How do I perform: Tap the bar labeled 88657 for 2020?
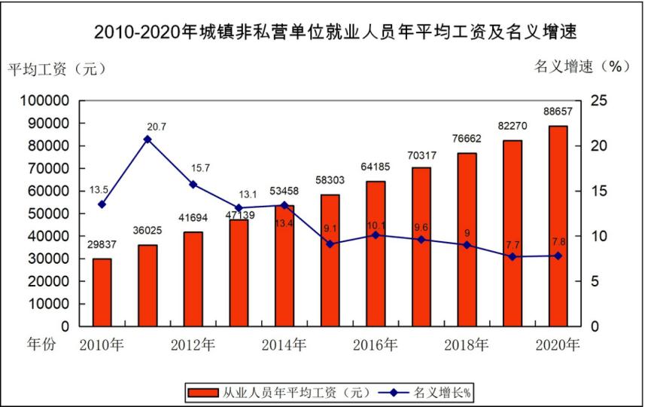click(x=558, y=226)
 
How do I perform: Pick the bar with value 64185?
click(x=376, y=254)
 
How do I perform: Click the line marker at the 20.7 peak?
click(x=148, y=139)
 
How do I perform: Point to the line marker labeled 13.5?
click(x=102, y=204)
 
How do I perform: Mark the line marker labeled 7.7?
click(x=513, y=257)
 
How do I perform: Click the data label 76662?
click(x=467, y=140)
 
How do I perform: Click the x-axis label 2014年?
click(x=284, y=346)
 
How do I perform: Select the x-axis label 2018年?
click(x=467, y=346)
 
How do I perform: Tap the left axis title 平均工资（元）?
click(x=57, y=69)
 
